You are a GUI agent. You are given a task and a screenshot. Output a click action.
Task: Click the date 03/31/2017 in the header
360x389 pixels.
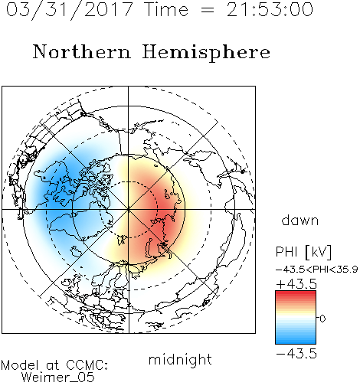point(70,10)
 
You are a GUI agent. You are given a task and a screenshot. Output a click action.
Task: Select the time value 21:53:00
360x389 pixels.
point(270,9)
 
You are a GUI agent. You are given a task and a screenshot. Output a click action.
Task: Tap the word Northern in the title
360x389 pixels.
point(82,51)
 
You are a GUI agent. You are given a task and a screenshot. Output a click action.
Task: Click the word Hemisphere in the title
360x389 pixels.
point(206,53)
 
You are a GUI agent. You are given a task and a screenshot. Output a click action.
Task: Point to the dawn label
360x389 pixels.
point(300,220)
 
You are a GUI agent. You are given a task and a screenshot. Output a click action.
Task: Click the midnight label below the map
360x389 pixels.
point(180,359)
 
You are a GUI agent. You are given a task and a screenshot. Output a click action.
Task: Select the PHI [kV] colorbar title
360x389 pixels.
point(303,252)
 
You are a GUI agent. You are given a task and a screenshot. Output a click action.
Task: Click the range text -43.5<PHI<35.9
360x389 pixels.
point(316,270)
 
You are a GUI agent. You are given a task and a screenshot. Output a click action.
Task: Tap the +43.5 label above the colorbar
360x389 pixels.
point(296,284)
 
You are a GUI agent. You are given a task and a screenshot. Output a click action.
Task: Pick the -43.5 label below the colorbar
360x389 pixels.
point(296,354)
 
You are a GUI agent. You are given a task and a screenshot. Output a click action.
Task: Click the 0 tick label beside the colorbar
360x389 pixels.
point(322,319)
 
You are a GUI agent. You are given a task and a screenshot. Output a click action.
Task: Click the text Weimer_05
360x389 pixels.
point(58,378)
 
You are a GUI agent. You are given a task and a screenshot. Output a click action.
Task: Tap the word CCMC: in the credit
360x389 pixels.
point(87,365)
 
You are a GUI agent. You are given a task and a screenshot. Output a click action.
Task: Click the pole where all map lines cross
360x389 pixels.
point(129,209)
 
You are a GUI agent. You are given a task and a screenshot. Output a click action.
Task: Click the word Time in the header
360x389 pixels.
point(166,10)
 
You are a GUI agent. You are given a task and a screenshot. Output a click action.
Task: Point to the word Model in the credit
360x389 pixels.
point(20,365)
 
